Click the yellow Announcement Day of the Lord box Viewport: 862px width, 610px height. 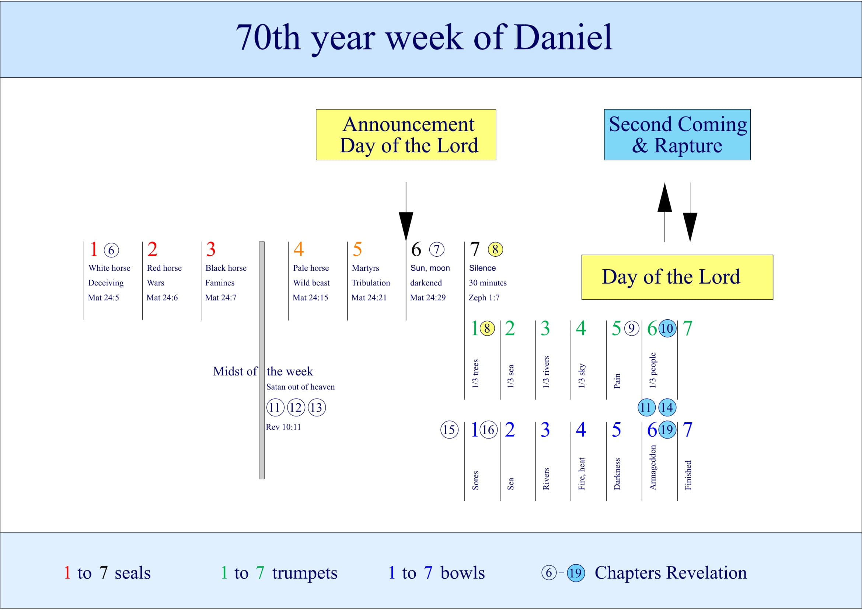pos(405,135)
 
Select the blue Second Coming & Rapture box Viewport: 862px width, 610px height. pos(677,135)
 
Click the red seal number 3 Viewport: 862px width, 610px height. pos(211,249)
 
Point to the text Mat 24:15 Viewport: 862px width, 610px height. pos(310,298)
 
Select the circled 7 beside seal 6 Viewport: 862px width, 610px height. pos(437,249)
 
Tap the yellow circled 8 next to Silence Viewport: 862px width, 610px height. pos(495,249)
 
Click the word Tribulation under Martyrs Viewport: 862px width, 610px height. pos(370,283)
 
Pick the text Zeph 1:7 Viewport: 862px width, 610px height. pos(484,298)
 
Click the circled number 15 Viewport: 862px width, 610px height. pos(449,429)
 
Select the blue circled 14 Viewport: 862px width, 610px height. pos(667,407)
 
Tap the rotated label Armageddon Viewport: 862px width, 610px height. pos(653,467)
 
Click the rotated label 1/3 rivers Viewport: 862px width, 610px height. pos(546,372)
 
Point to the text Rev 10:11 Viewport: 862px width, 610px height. pos(283,427)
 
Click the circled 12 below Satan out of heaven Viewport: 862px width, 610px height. pos(296,407)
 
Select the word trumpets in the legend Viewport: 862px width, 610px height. pos(304,573)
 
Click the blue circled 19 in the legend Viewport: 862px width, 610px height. pos(576,573)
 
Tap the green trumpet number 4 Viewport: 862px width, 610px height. pos(581,328)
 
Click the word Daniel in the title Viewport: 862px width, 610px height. pos(563,38)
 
